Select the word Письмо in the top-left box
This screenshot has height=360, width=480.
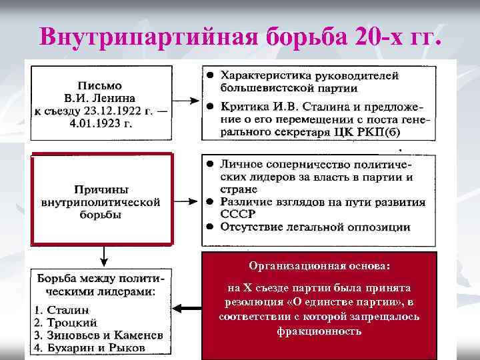[x=100, y=85]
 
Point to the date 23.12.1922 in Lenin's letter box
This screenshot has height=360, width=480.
[x=107, y=111]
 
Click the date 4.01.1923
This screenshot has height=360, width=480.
[x=100, y=124]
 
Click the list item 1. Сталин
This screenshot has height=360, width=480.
[x=63, y=310]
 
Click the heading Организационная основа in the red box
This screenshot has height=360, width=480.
[x=319, y=266]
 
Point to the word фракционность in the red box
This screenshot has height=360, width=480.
[x=319, y=331]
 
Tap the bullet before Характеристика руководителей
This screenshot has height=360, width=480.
[x=209, y=75]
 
